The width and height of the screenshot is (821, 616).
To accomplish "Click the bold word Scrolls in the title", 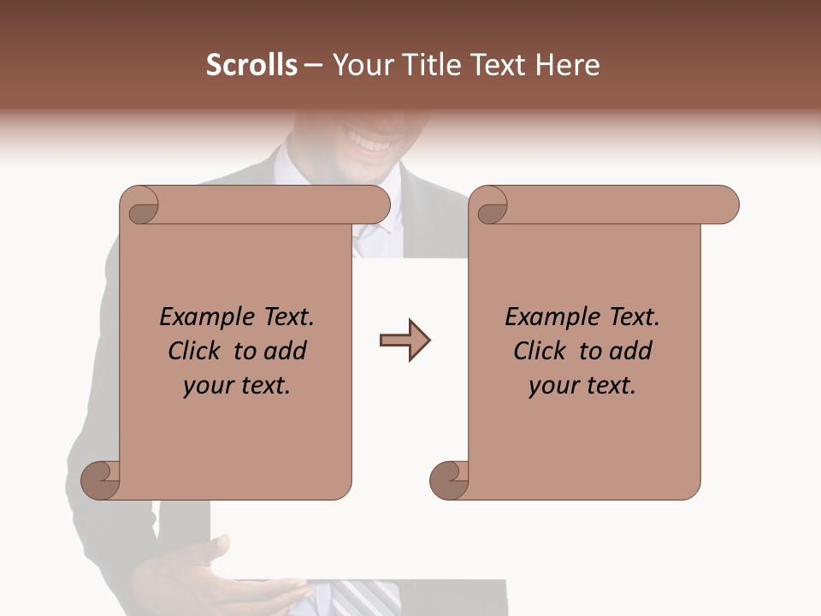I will pos(252,65).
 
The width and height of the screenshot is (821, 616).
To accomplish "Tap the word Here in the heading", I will pos(568,65).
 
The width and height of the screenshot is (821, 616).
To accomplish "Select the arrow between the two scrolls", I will pos(405,341).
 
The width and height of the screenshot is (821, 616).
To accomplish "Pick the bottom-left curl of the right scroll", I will pos(449,480).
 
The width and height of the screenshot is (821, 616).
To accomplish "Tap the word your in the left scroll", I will pos(204,387).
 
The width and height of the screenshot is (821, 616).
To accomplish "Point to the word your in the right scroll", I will pos(550,387).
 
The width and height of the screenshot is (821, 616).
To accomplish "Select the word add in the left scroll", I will pos(286,351).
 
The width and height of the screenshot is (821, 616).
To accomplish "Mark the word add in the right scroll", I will pos(631,351).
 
